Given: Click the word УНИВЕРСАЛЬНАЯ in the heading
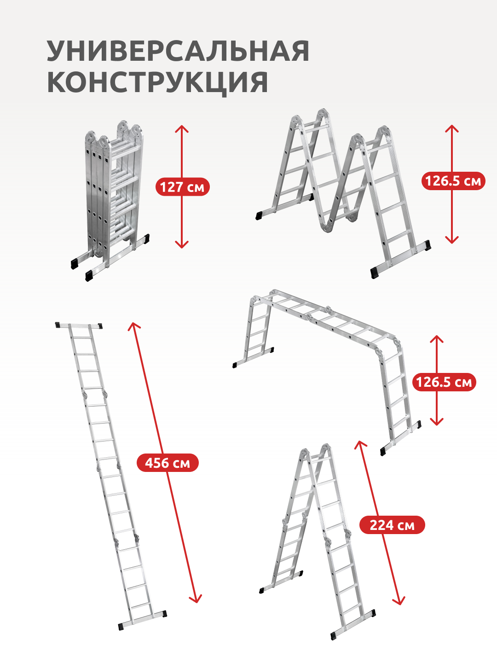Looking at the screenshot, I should [178, 51].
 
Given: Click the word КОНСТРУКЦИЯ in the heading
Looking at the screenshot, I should [157, 83].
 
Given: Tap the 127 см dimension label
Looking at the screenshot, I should [182, 187].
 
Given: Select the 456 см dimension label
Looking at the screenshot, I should [168, 463].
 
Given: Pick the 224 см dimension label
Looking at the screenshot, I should [392, 525].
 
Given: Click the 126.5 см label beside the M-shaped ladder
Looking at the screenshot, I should [453, 181].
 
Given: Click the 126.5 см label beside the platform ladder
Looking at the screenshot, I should [444, 382].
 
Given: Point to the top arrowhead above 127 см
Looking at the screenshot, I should [182, 128].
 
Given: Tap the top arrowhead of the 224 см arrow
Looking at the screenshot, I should [360, 444].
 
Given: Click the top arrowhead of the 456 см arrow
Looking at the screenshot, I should [133, 326].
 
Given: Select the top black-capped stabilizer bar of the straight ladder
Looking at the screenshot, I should [79, 326].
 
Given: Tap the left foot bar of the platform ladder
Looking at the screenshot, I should [253, 358].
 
